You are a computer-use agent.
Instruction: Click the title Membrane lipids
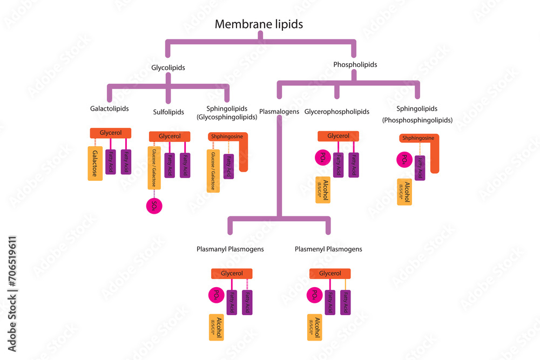click(x=259, y=24)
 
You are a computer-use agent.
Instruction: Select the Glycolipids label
click(x=168, y=68)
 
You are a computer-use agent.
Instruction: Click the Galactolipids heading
click(x=109, y=108)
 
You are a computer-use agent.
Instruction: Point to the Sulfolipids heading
click(x=169, y=112)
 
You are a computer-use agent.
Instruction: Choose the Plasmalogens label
click(x=279, y=112)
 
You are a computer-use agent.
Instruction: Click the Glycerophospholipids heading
click(x=337, y=112)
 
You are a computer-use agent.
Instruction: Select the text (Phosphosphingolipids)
click(x=417, y=120)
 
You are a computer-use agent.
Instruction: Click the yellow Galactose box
click(x=95, y=163)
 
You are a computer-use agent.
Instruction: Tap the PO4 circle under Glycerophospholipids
click(x=322, y=158)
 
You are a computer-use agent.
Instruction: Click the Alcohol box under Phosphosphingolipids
click(x=404, y=192)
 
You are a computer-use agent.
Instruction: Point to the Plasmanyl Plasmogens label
click(x=230, y=249)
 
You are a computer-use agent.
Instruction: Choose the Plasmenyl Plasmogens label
click(x=328, y=249)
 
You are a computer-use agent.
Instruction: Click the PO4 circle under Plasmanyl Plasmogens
click(x=215, y=295)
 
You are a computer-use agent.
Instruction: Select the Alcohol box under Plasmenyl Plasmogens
click(x=315, y=327)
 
